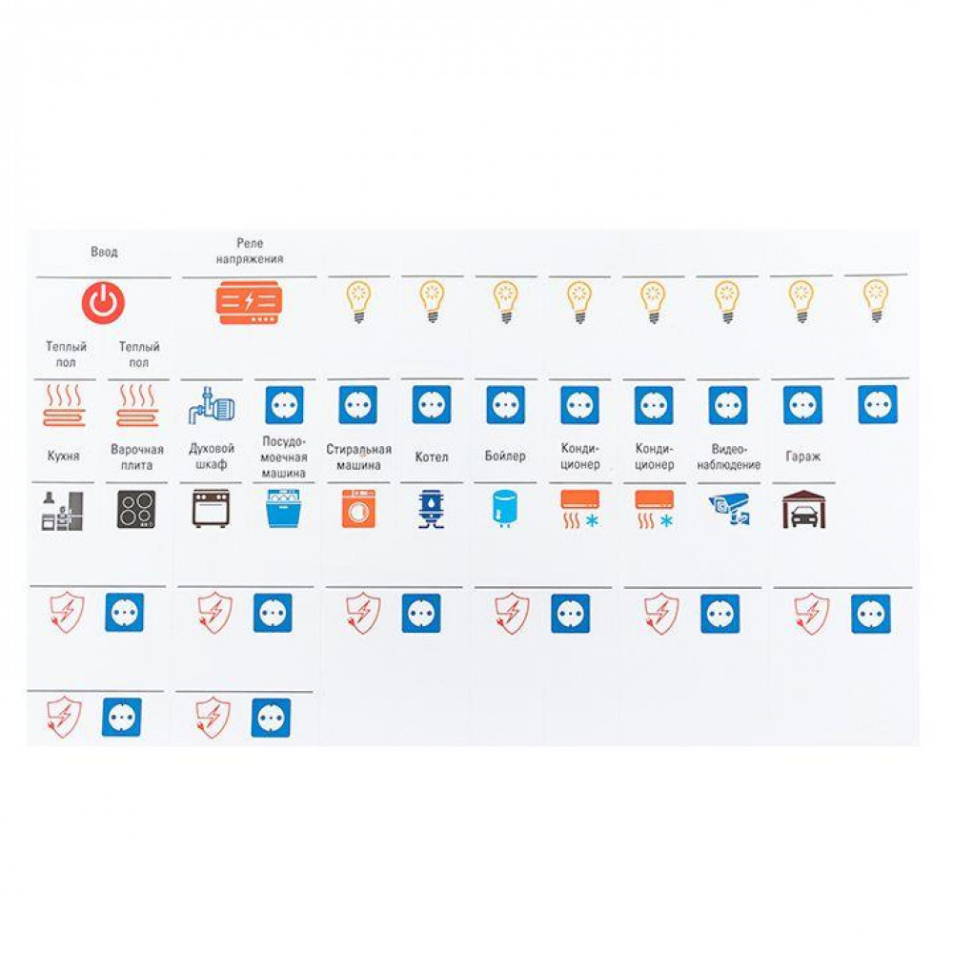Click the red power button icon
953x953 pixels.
(x=103, y=303)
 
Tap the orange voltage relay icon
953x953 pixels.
(x=249, y=303)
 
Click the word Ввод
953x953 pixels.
(x=104, y=252)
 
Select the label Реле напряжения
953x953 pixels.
(x=250, y=251)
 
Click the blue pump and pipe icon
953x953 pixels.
(x=211, y=405)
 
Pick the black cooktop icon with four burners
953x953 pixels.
(x=136, y=509)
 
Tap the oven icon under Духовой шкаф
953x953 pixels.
(x=211, y=509)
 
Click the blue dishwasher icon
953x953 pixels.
(x=283, y=509)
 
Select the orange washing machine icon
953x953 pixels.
(x=358, y=509)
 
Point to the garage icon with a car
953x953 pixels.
(x=802, y=509)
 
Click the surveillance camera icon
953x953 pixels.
(x=729, y=509)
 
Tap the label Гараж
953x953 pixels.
(x=802, y=456)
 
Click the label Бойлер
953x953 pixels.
(x=505, y=456)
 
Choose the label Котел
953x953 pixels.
(x=432, y=457)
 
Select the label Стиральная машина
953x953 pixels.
(x=358, y=457)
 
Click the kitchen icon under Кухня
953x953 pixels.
(x=62, y=511)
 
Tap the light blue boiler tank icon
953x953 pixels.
(x=504, y=509)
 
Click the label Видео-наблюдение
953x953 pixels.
(x=729, y=457)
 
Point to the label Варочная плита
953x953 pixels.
(x=136, y=457)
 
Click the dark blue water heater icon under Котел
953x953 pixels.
(x=432, y=509)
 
